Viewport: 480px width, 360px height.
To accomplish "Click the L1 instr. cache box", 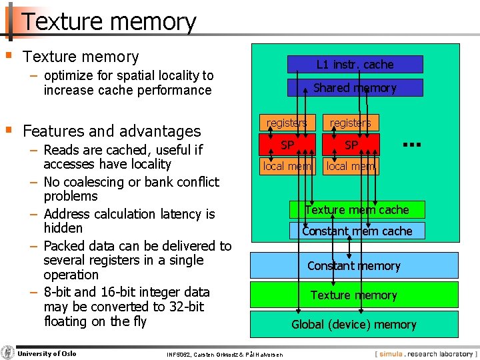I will click(355, 65).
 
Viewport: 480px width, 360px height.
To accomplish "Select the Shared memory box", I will click(355, 88).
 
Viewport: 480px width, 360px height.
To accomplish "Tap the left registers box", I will click(286, 123).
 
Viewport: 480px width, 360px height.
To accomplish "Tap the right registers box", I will click(351, 123).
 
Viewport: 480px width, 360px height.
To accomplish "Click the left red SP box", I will click(287, 145).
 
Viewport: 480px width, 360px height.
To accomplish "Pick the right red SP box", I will click(351, 145).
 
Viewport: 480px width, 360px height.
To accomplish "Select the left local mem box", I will click(287, 166).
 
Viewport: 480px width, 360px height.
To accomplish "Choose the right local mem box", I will click(351, 166).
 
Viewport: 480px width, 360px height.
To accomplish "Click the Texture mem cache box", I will click(357, 210).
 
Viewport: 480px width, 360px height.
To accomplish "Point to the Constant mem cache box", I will click(357, 231).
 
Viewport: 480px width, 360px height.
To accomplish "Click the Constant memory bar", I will click(354, 265).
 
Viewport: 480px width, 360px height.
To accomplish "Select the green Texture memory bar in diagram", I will click(354, 295).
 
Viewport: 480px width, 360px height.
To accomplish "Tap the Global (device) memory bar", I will click(354, 325).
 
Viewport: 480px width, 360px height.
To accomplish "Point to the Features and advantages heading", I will click(111, 131).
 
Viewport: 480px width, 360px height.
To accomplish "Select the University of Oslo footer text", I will click(47, 353).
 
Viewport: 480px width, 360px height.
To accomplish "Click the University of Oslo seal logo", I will click(8, 353).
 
